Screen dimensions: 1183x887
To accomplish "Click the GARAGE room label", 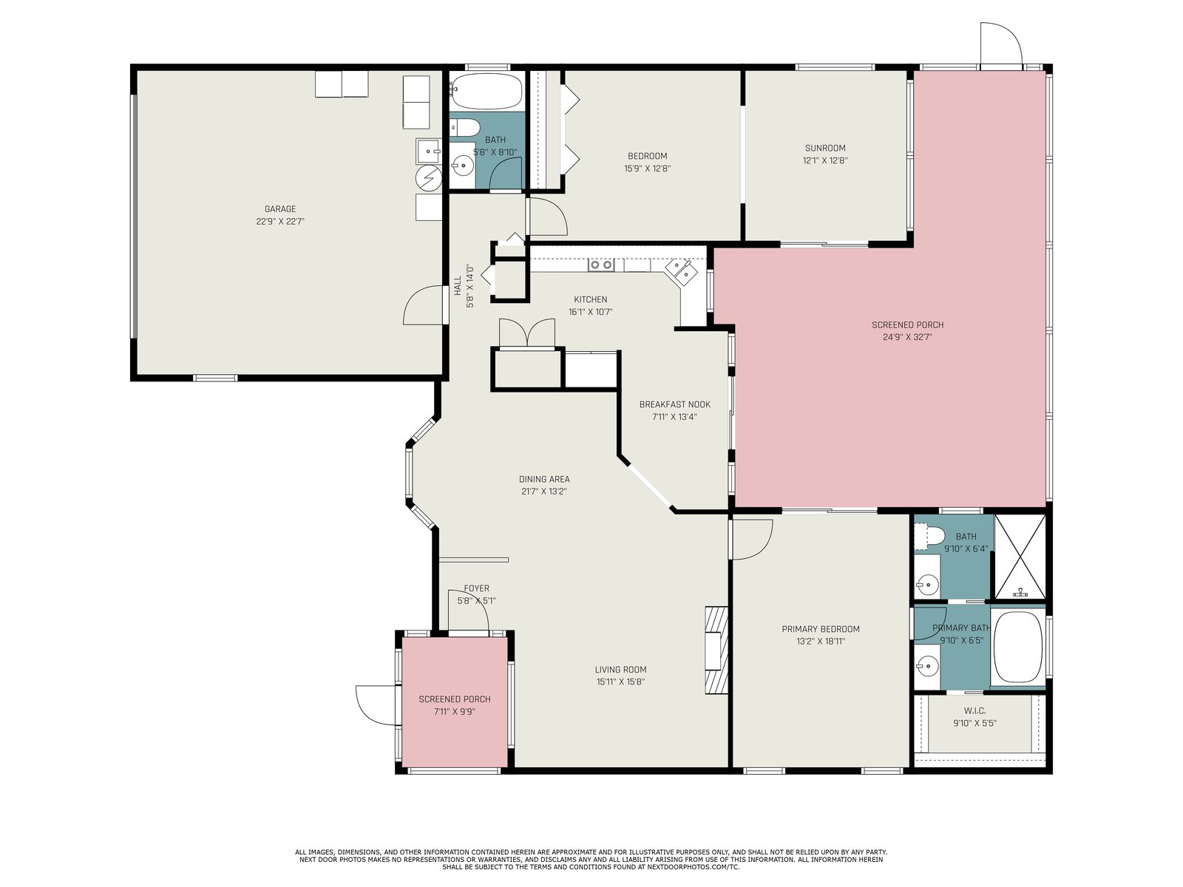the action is [279, 209].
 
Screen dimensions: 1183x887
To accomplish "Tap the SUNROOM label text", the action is [824, 148].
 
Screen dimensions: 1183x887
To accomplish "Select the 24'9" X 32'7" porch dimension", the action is [907, 338].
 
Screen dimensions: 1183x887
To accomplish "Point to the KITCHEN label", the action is [590, 299].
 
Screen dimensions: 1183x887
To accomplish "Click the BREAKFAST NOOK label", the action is [675, 404].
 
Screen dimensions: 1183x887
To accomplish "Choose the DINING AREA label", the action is [543, 479].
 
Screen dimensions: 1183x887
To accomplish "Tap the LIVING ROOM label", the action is [620, 670].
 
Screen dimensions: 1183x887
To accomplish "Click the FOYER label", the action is [476, 588].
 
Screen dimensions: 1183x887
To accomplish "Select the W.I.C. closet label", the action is [974, 711].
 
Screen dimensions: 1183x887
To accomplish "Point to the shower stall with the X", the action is [1020, 557].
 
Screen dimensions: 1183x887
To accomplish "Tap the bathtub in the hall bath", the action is [487, 92].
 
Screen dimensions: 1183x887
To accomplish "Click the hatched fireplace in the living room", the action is [716, 650].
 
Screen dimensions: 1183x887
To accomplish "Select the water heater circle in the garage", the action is [428, 177].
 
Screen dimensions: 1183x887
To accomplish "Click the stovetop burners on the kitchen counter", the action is [600, 265].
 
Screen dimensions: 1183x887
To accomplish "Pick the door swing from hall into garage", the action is [424, 305].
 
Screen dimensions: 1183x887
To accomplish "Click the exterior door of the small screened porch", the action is [376, 705].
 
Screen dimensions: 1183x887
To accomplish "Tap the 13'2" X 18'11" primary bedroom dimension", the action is [820, 642].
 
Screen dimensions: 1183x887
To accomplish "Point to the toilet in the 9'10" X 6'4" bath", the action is [930, 536].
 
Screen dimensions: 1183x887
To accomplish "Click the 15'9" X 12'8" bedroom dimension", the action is [647, 169].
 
